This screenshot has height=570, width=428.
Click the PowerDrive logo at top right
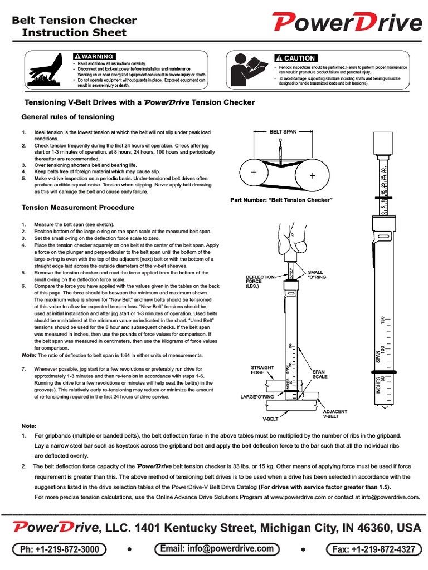(347, 23)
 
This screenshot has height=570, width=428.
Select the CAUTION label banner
(296, 58)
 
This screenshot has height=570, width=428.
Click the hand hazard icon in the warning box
(48, 70)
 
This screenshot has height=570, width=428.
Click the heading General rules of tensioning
(68, 117)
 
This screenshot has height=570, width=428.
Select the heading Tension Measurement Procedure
(78, 208)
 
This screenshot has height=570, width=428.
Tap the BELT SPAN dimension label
(283, 132)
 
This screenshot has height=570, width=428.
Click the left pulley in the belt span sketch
(254, 173)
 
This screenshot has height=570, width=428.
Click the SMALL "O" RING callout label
(315, 260)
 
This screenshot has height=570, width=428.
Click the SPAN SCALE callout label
(319, 374)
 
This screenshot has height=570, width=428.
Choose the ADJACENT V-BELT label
(335, 414)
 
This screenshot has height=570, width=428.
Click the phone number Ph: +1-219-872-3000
(60, 549)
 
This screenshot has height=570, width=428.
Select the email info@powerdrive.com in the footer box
(217, 549)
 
